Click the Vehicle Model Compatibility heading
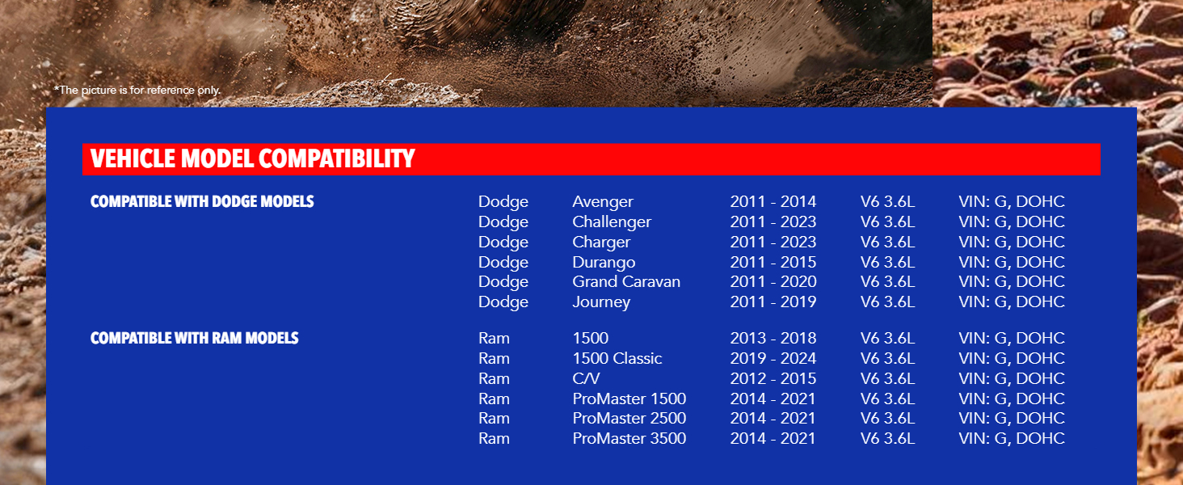pyautogui.click(x=252, y=159)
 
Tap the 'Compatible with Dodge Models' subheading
pyautogui.click(x=202, y=202)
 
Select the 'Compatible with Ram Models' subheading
pyautogui.click(x=195, y=338)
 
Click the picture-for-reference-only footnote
pyautogui.click(x=137, y=90)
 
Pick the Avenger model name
pyautogui.click(x=603, y=202)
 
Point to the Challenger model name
pyautogui.click(x=612, y=222)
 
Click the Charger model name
pyautogui.click(x=601, y=242)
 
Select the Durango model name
pyautogui.click(x=604, y=262)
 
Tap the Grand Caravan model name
pyautogui.click(x=626, y=281)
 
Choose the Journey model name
pyautogui.click(x=601, y=302)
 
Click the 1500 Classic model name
pyautogui.click(x=617, y=358)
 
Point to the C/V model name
pyautogui.click(x=586, y=379)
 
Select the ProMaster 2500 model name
pyautogui.click(x=629, y=419)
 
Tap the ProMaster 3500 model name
pyautogui.click(x=629, y=438)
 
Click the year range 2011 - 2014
pyautogui.click(x=773, y=202)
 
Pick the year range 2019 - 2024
pyautogui.click(x=773, y=358)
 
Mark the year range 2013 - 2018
pyautogui.click(x=773, y=338)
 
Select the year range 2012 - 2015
pyautogui.click(x=773, y=379)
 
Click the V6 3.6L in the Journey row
pyautogui.click(x=887, y=302)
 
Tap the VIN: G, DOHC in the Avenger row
pyautogui.click(x=1012, y=202)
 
